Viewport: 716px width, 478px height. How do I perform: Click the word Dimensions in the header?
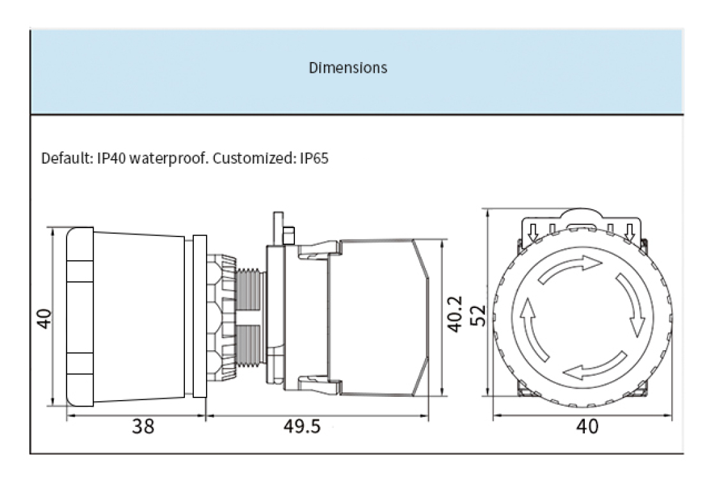point(348,68)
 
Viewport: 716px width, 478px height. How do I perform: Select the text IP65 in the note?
point(314,158)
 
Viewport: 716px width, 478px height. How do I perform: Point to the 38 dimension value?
point(143,426)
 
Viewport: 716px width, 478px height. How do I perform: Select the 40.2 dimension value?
point(453,313)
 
